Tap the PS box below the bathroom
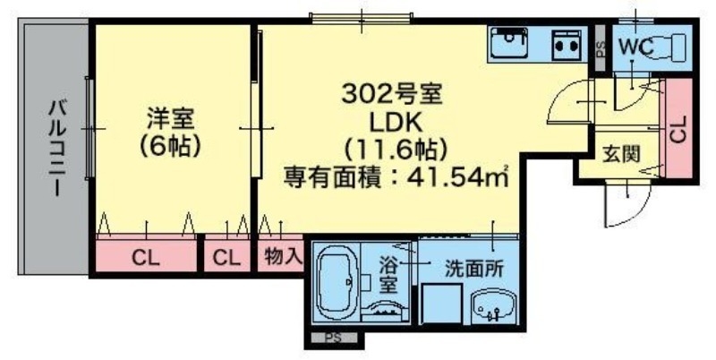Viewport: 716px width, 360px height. coord(333,339)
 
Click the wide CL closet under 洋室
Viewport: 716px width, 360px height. coord(146,258)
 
